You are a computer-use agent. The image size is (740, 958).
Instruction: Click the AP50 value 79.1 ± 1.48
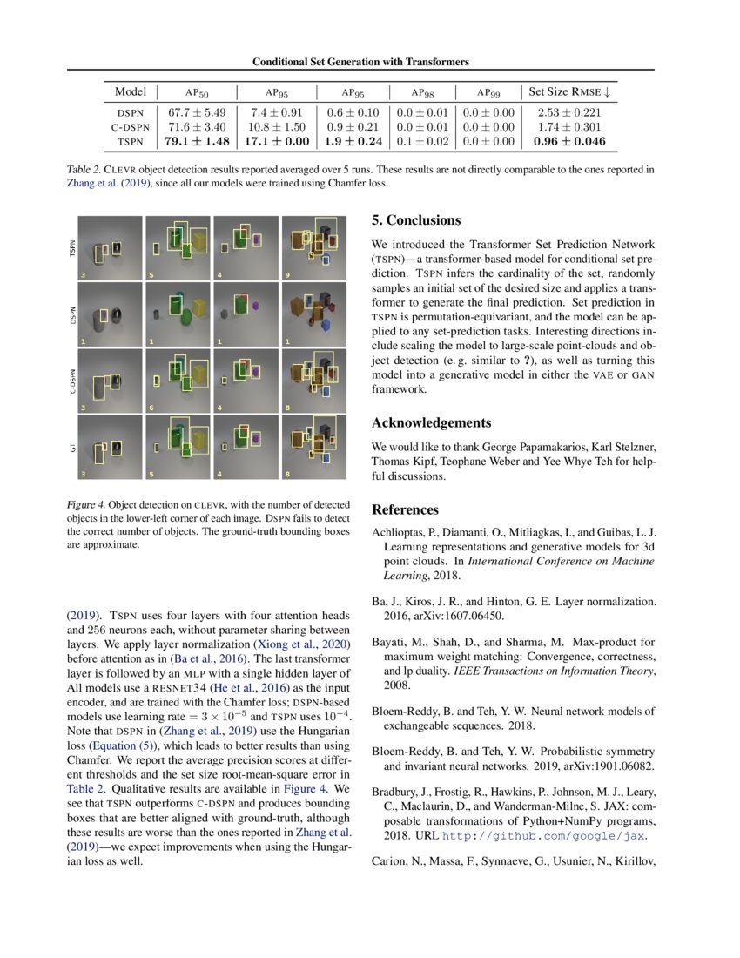point(195,141)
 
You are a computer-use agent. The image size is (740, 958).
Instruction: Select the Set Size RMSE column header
point(568,91)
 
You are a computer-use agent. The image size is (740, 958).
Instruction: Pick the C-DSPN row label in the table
point(131,126)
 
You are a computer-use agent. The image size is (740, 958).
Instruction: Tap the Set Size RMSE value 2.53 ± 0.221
point(568,112)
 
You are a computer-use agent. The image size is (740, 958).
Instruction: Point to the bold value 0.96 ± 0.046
point(568,141)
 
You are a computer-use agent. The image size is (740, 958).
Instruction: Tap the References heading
point(406,509)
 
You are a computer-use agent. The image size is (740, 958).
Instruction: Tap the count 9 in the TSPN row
point(286,275)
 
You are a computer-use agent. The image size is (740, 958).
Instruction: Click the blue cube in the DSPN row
point(326,324)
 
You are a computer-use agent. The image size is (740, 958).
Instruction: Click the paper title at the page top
point(360,62)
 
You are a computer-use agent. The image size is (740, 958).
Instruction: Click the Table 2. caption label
point(84,170)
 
